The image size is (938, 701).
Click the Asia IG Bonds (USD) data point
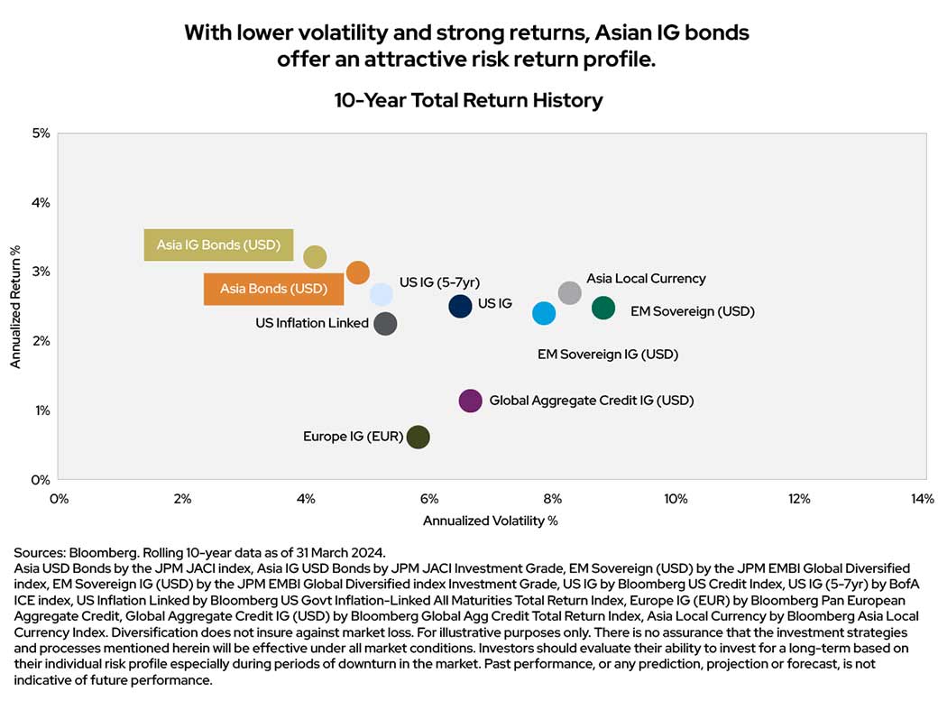[x=314, y=257]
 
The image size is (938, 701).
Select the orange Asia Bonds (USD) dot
[x=358, y=273]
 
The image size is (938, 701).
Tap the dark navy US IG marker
[x=460, y=306]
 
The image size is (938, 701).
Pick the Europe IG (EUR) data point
[x=418, y=437]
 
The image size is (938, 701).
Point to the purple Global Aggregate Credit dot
[x=470, y=401]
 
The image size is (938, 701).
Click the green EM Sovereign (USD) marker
[x=603, y=308]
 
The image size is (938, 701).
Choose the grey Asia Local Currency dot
[x=569, y=292]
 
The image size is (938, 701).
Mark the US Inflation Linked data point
[x=385, y=324]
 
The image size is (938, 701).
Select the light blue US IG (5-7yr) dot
[x=382, y=294]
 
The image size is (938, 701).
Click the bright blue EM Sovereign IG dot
[x=544, y=313]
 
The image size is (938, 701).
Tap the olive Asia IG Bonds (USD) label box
[x=219, y=244]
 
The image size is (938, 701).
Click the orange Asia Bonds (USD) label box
[x=273, y=289]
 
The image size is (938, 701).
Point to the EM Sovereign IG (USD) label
[x=607, y=355]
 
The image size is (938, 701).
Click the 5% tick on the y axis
[x=41, y=134]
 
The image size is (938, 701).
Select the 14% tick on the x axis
[x=922, y=499]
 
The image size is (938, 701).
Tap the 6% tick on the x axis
[x=428, y=499]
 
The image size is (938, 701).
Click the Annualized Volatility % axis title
[x=491, y=521]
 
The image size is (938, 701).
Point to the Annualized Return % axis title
[x=15, y=306]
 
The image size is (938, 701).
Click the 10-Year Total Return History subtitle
[x=468, y=100]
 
